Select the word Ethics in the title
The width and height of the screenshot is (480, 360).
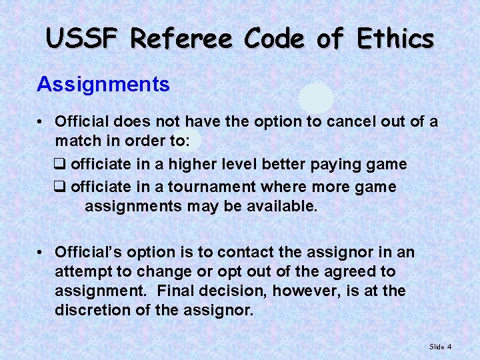coord(395,39)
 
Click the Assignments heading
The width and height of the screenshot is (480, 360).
coord(103,85)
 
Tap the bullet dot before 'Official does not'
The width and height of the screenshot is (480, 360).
coord(41,123)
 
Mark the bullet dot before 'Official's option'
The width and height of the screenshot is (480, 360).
coord(41,253)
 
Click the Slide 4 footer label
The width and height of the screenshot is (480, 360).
coord(440,347)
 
